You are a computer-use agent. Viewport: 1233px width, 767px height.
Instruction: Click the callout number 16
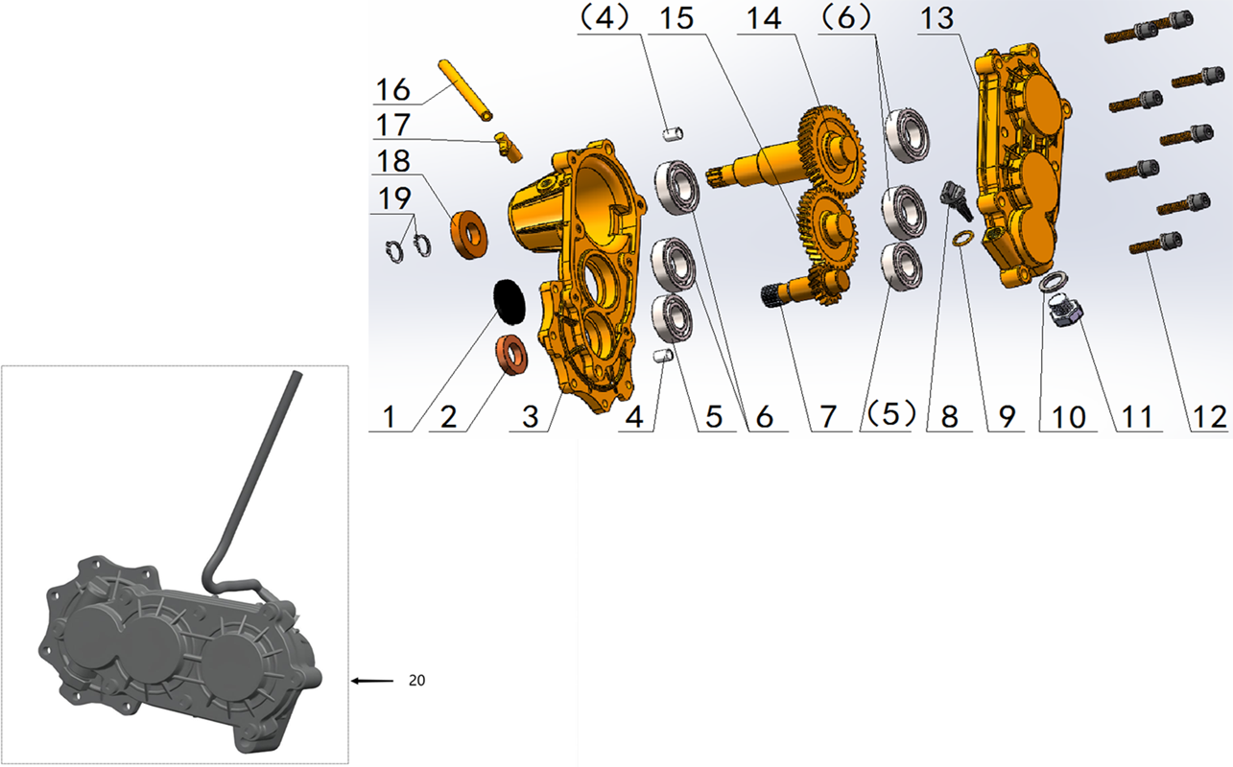click(x=393, y=89)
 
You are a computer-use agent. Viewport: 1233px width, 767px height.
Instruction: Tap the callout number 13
click(x=937, y=18)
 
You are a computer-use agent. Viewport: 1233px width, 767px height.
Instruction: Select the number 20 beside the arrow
click(x=416, y=681)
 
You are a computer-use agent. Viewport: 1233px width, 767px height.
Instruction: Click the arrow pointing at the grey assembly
click(x=372, y=681)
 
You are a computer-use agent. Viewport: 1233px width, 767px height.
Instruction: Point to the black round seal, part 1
click(x=509, y=300)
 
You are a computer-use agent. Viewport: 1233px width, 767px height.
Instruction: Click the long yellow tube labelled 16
click(x=465, y=91)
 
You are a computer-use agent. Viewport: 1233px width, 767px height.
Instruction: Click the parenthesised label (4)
click(x=604, y=18)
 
